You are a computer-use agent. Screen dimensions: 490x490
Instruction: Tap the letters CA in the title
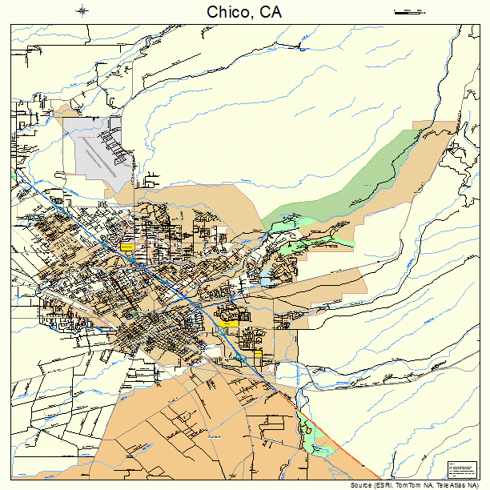270,12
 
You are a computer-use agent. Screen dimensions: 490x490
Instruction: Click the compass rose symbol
83,10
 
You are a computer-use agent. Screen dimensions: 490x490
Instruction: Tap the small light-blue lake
264,281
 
